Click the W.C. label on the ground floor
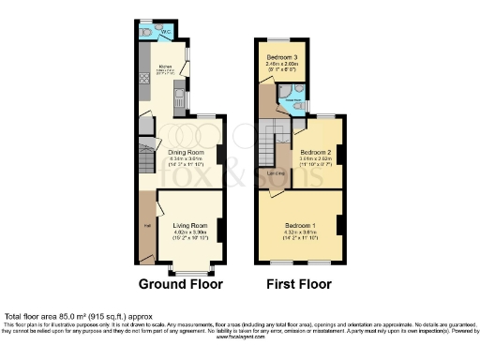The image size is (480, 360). pos(165,35)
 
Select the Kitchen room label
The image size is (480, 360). pos(165,67)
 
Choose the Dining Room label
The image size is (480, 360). pos(186,152)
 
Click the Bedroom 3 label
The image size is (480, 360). pos(282,58)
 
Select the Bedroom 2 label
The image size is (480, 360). pos(315,152)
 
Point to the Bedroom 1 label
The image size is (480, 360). pos(300,225)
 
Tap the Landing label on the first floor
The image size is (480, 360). pos(276,172)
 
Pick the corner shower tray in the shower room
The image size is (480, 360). pos(284,93)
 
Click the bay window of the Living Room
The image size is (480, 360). pos(190,266)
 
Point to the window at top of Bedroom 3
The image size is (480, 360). pos(282,39)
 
